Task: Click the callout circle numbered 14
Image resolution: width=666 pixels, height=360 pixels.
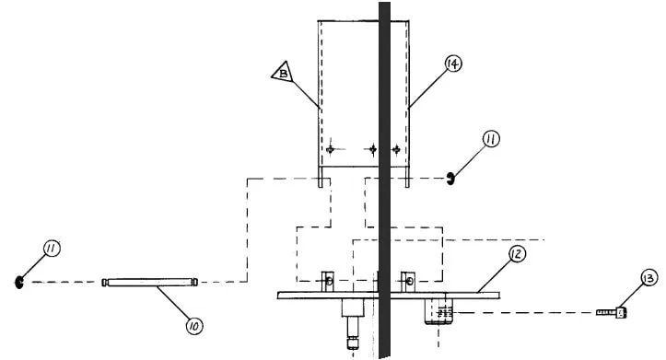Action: click(453, 64)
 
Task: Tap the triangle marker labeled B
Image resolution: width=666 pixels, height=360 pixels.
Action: click(283, 72)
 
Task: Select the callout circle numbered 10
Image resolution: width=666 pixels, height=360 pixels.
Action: click(194, 326)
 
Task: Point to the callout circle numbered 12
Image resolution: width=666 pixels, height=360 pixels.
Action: click(517, 254)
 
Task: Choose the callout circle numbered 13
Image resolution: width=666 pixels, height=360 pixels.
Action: click(649, 278)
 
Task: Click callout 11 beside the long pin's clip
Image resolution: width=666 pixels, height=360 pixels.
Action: click(52, 249)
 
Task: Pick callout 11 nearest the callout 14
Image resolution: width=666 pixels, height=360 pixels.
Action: click(491, 139)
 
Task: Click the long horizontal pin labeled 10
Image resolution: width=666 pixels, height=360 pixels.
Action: click(150, 282)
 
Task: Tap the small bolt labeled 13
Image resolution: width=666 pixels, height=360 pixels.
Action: click(612, 313)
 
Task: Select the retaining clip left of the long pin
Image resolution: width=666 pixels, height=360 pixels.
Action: click(18, 282)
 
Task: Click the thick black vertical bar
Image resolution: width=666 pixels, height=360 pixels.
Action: click(384, 180)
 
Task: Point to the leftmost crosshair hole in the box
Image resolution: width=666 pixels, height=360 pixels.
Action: click(331, 149)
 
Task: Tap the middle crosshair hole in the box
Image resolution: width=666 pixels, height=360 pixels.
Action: click(373, 149)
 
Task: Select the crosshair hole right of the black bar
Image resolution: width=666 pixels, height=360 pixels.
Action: click(396, 149)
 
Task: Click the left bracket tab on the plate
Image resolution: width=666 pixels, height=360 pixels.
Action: click(328, 281)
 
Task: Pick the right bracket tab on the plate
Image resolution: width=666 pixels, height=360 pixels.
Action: click(408, 281)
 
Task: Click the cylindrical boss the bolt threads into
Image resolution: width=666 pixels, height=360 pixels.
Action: click(438, 311)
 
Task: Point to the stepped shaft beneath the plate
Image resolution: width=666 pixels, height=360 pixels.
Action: click(354, 323)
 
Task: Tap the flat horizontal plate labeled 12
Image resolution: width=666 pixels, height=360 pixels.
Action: click(389, 295)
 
